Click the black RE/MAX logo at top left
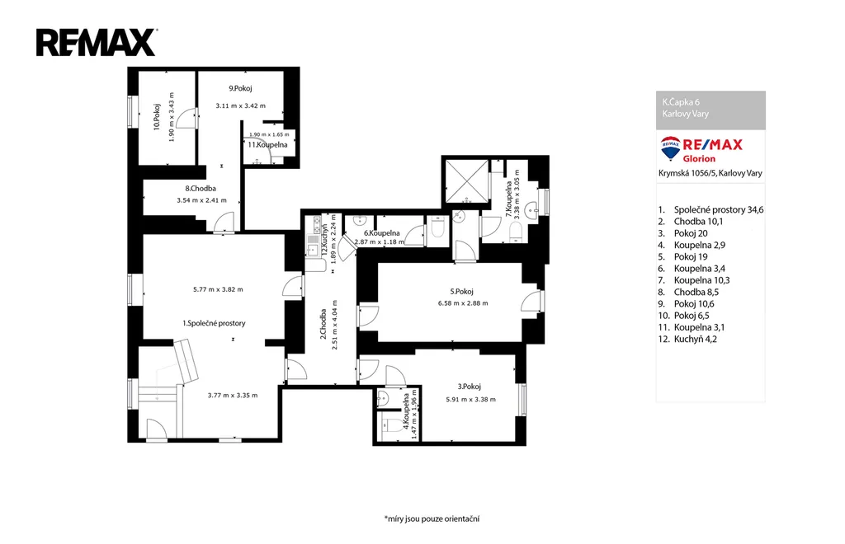pyautogui.click(x=97, y=43)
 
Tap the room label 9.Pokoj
pyautogui.click(x=240, y=88)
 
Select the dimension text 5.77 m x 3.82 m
pyautogui.click(x=218, y=289)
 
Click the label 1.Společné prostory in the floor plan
pyautogui.click(x=214, y=323)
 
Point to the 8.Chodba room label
pyautogui.click(x=201, y=188)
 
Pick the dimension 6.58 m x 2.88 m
pyautogui.click(x=463, y=303)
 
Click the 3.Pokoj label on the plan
pyautogui.click(x=469, y=387)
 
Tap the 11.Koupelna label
pyautogui.click(x=267, y=145)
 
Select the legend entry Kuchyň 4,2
pyautogui.click(x=695, y=339)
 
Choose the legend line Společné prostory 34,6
pyautogui.click(x=719, y=210)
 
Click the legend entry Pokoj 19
pyautogui.click(x=691, y=256)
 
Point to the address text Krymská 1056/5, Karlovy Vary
pyautogui.click(x=710, y=173)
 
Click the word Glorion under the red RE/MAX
pyautogui.click(x=699, y=159)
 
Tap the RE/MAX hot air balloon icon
pyautogui.click(x=670, y=148)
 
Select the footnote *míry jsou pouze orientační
pyautogui.click(x=432, y=518)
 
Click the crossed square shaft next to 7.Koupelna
pyautogui.click(x=466, y=181)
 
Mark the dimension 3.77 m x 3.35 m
pyautogui.click(x=232, y=396)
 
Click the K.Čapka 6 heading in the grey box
pyautogui.click(x=681, y=101)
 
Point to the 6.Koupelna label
pyautogui.click(x=381, y=233)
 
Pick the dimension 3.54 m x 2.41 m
pyautogui.click(x=201, y=200)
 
